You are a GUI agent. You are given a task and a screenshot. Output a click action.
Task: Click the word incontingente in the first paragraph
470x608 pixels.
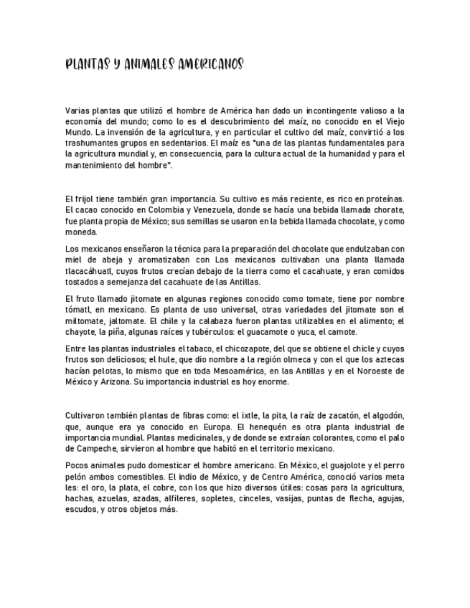(x=336, y=111)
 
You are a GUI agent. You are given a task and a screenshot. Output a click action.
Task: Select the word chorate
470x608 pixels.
(x=385, y=209)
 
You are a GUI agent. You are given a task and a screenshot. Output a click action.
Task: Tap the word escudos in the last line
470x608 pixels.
(x=79, y=510)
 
